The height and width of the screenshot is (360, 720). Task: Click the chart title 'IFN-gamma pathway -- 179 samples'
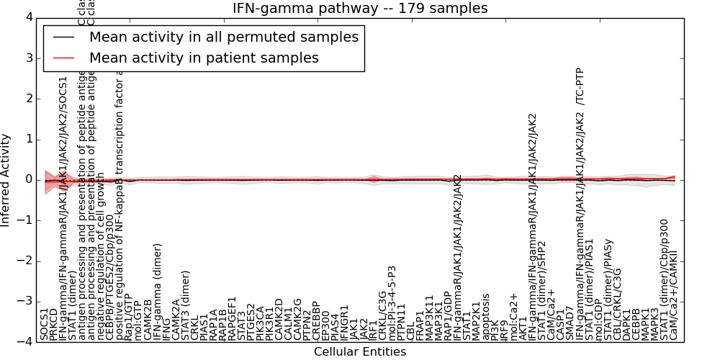click(360, 9)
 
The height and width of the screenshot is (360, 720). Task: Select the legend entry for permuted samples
click(223, 37)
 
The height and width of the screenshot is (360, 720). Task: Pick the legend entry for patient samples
click(204, 58)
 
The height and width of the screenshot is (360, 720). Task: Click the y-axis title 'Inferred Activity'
click(6, 179)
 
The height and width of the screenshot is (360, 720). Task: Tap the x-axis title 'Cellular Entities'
click(360, 352)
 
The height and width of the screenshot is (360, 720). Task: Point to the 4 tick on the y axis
click(26, 17)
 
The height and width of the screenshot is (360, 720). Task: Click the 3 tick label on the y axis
click(26, 58)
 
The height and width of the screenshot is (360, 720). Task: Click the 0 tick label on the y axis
click(26, 179)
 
